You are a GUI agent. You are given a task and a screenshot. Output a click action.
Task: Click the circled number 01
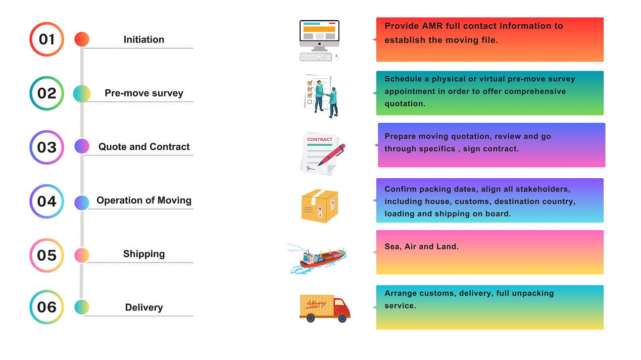coord(46,39)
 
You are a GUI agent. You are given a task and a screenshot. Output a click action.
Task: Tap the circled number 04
coord(46,201)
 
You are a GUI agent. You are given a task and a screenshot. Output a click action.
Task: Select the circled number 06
coord(46,307)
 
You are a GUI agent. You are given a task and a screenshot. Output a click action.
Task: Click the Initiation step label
coord(144,39)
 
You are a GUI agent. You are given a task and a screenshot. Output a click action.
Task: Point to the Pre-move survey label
coord(144,93)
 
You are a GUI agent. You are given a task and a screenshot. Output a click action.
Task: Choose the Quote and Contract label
coord(144,147)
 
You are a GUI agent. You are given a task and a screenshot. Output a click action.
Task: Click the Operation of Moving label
coord(144,200)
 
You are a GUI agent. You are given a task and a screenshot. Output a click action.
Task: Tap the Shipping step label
coord(144,254)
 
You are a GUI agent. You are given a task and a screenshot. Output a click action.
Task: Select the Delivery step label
coord(144,307)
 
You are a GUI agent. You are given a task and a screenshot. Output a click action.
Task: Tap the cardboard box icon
coord(319,206)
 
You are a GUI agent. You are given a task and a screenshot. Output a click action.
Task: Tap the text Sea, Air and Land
coord(421,247)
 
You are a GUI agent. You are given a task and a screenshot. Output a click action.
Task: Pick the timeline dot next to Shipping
coord(82,255)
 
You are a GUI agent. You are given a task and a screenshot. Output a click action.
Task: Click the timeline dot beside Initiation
coord(82,39)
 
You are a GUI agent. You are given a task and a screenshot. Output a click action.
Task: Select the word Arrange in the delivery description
coord(401,293)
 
